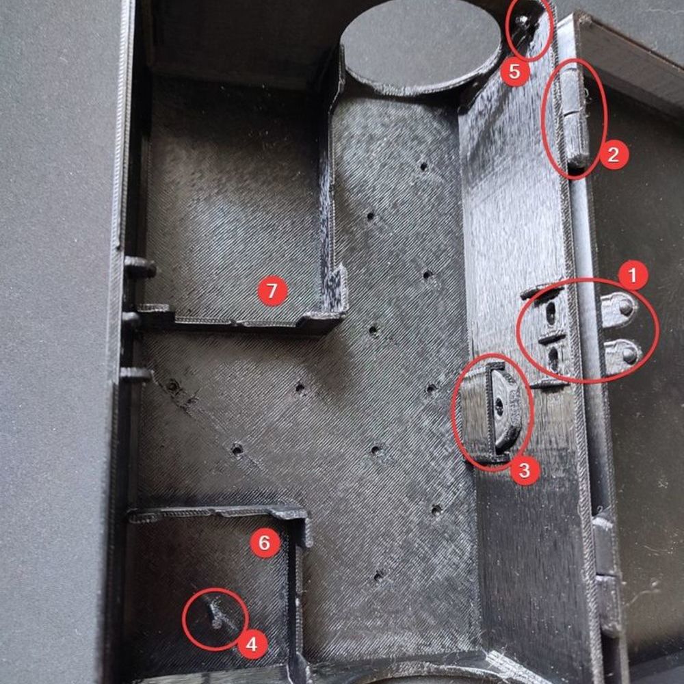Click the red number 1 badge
[x=633, y=275]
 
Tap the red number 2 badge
[x=614, y=154]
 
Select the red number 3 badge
[x=525, y=471]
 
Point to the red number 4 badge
[x=252, y=644]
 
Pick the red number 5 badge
[x=515, y=72]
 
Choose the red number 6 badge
[x=265, y=542]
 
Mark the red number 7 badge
[x=272, y=291]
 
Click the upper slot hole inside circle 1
[x=551, y=313]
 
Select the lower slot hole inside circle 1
[x=553, y=358]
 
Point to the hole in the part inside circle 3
[x=499, y=407]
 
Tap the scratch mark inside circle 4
[x=218, y=614]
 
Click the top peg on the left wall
[x=140, y=267]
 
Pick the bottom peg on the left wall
[x=135, y=374]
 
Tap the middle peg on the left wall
[x=132, y=319]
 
